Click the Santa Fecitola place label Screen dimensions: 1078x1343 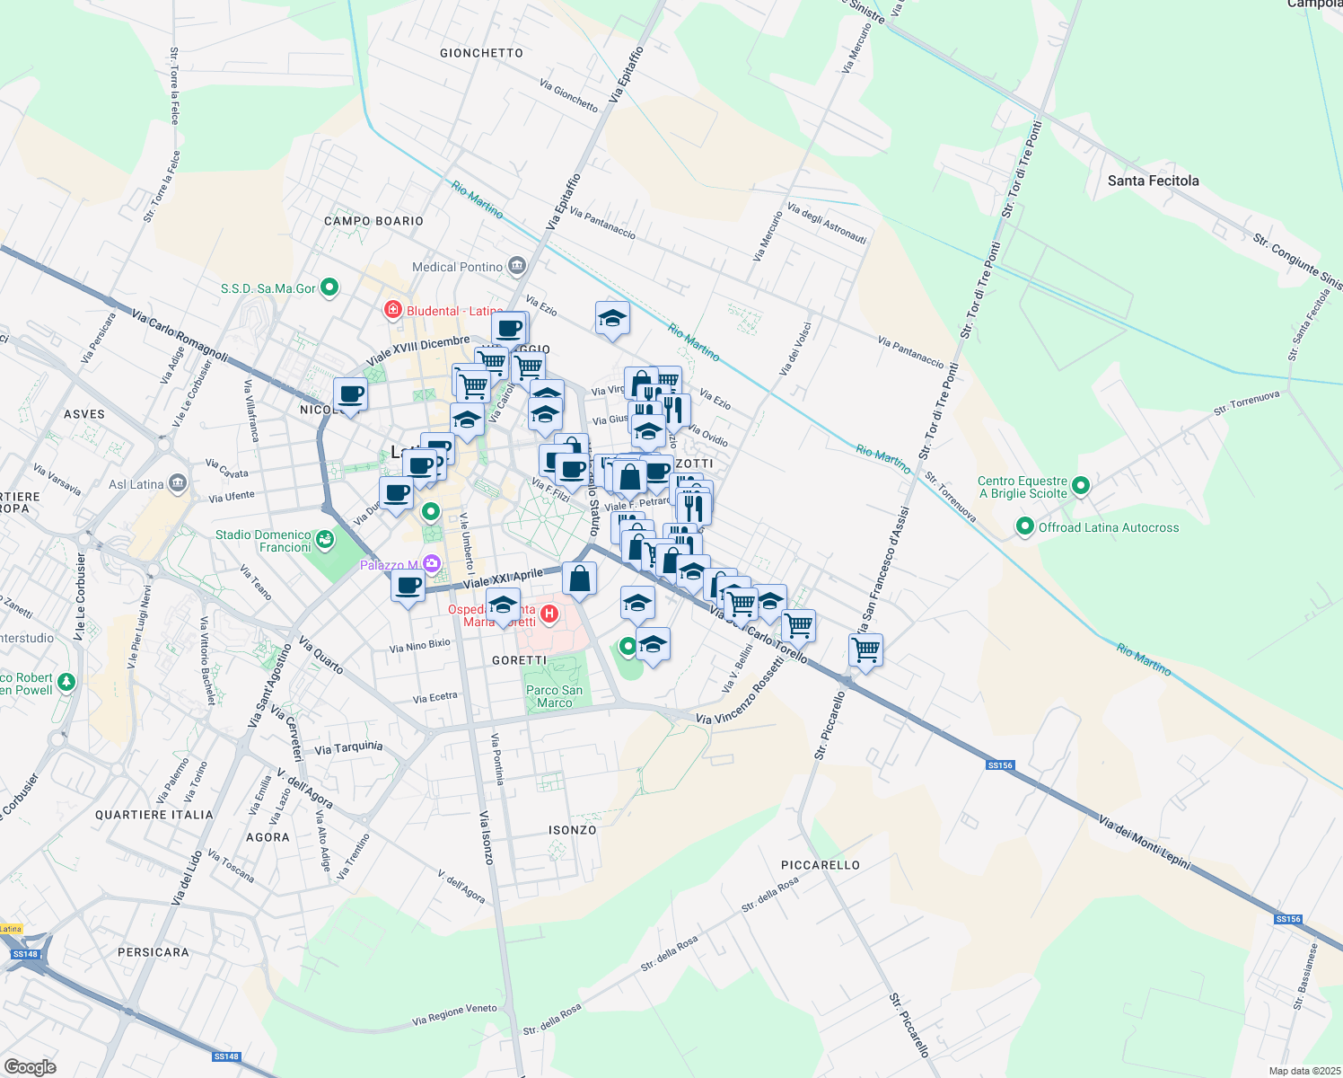coord(1153,181)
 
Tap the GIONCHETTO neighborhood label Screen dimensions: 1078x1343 coord(481,53)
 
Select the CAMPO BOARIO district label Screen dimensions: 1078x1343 coord(373,221)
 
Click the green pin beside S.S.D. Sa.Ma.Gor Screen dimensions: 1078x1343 coord(329,288)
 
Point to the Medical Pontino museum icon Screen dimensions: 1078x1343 coord(516,266)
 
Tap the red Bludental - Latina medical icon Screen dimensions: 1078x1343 coord(392,311)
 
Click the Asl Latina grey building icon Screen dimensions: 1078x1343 coord(178,484)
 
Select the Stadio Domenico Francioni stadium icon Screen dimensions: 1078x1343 coord(325,541)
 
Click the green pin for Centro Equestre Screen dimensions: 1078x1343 coord(1081,486)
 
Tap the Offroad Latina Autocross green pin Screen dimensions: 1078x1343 coord(1025,527)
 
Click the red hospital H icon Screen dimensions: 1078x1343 coord(549,614)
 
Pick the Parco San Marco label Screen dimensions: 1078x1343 coord(554,696)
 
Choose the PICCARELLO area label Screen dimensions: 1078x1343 coord(821,865)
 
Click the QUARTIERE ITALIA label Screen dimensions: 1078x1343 coord(154,815)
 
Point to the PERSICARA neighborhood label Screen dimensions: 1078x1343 coord(154,952)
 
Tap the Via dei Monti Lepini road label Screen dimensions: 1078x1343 coord(1145,842)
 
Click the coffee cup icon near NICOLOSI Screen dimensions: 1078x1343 coord(350,394)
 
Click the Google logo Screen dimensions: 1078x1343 coord(30,1066)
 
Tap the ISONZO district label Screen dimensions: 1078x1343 coord(573,830)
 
